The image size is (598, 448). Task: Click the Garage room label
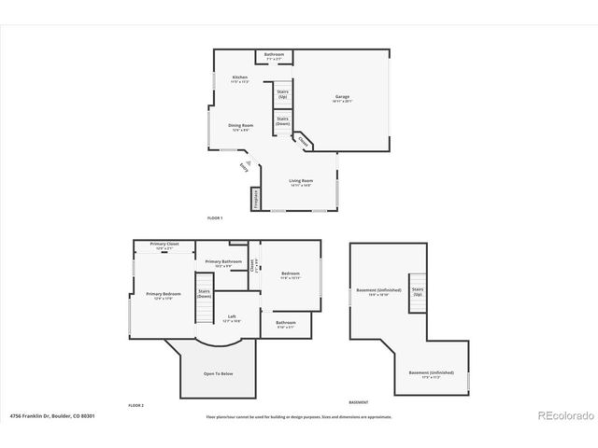tap(342, 98)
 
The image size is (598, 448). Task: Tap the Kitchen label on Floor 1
tap(240, 79)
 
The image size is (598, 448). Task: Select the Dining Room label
tap(241, 127)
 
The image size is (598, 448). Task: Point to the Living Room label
tap(300, 182)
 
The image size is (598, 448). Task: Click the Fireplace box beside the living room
tap(255, 199)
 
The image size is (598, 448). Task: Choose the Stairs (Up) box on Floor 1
tap(282, 94)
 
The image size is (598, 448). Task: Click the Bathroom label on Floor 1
tap(274, 57)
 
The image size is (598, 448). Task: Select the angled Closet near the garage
tap(304, 142)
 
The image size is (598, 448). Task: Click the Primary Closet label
tap(164, 245)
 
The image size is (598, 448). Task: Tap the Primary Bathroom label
tap(223, 263)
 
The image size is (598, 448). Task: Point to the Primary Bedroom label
tap(164, 296)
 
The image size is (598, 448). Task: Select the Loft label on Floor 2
tap(232, 318)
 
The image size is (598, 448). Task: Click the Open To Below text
tap(219, 373)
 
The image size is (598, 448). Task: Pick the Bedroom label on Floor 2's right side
tap(291, 275)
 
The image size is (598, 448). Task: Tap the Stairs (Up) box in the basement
tap(418, 292)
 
